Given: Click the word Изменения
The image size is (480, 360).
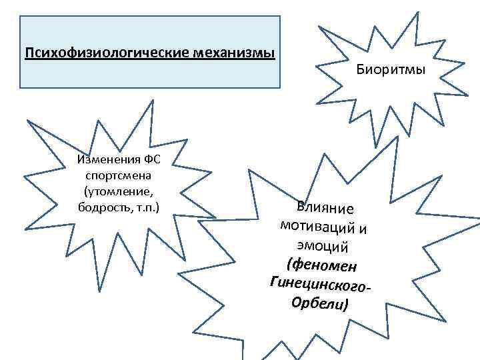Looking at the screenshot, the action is click(x=107, y=161).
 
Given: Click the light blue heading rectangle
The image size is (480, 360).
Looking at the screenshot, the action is click(x=150, y=73).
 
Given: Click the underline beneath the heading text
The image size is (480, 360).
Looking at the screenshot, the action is click(x=149, y=58).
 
